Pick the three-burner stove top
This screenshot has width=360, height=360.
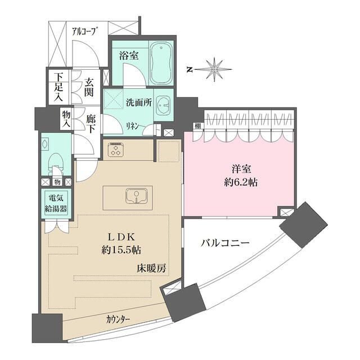tap(116, 150)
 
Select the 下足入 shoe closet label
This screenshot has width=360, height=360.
tap(57, 86)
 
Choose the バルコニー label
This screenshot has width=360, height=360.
tap(225, 244)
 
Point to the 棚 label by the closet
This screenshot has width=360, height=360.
tap(197, 125)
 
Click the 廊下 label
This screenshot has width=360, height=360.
tap(90, 125)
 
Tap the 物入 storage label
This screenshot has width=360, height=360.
tap(66, 119)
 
